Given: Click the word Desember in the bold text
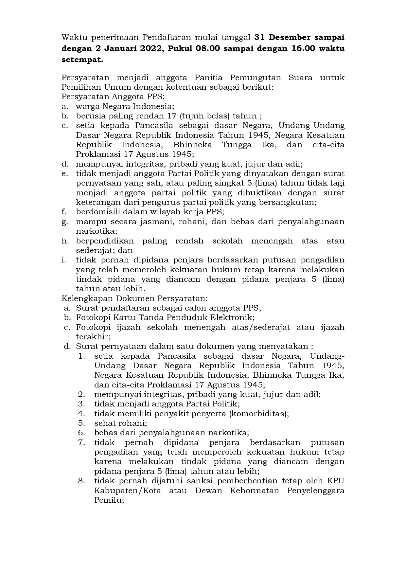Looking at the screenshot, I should pos(287,38).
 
